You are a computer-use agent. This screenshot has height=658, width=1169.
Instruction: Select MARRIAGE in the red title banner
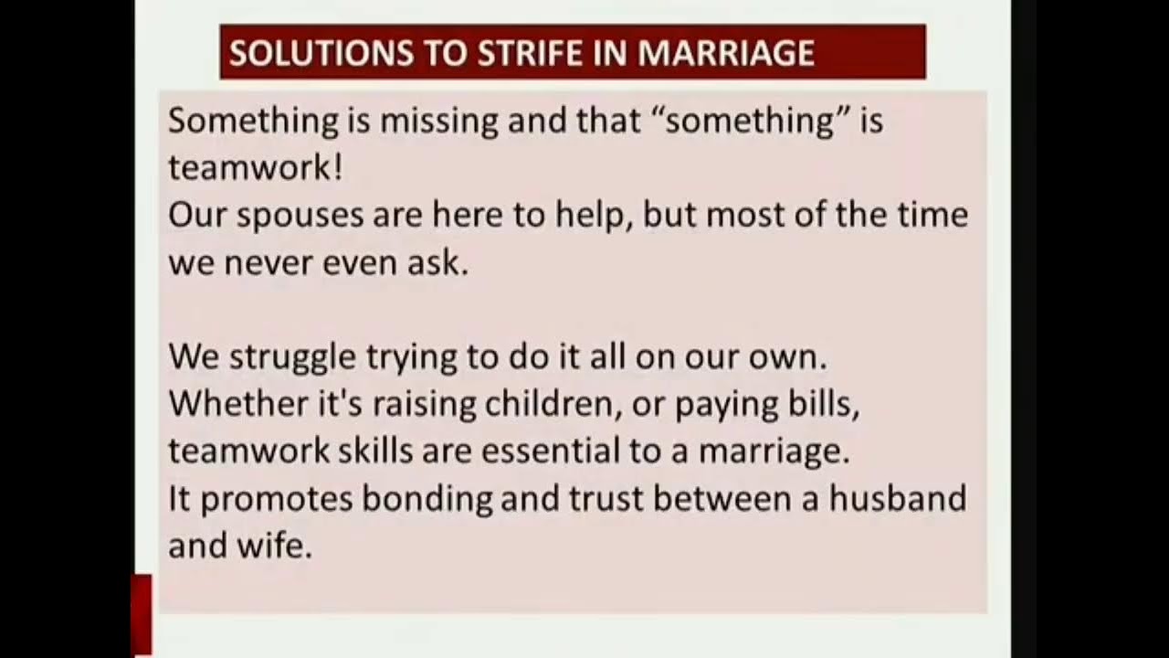click(726, 53)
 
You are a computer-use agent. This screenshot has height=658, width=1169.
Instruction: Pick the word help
click(600, 216)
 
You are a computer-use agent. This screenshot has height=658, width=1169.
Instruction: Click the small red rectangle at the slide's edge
click(142, 614)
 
